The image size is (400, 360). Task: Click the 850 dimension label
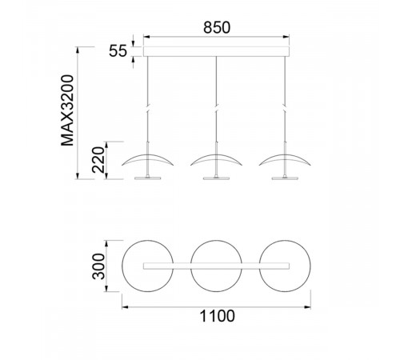click(217, 27)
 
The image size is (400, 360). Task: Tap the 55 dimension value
click(118, 50)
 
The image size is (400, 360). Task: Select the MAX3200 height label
click(67, 110)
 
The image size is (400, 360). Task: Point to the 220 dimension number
click(98, 160)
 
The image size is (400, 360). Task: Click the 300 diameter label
click(98, 266)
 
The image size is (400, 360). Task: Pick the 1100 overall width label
click(218, 316)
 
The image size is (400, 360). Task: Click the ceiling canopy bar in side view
click(216, 51)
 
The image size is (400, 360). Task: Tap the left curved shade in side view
click(148, 156)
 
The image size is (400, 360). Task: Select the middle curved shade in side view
click(216, 156)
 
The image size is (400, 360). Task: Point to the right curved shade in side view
click(285, 156)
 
